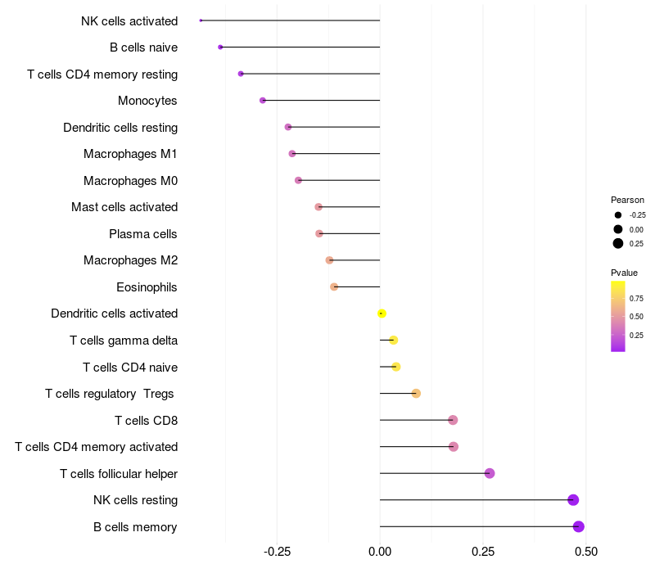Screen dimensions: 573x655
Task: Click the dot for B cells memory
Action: [579, 526]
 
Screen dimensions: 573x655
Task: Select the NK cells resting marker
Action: [573, 500]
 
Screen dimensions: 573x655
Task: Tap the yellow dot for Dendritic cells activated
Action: [382, 314]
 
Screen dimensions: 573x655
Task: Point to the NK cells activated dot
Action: [201, 20]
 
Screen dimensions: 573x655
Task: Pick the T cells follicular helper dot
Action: [490, 473]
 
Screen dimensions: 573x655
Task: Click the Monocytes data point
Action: [263, 101]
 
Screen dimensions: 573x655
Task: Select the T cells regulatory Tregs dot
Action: [416, 394]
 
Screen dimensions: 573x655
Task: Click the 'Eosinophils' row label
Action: [147, 287]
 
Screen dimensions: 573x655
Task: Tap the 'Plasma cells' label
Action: [143, 234]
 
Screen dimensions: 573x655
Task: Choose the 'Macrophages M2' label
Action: [131, 260]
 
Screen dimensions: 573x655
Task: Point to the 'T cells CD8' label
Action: [147, 421]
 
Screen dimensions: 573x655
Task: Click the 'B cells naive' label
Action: [144, 47]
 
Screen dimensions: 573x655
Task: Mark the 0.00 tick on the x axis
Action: [380, 553]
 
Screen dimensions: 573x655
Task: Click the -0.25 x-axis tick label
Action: [276, 553]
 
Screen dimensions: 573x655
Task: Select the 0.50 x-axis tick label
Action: [586, 553]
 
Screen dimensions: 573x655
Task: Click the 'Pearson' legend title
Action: [627, 200]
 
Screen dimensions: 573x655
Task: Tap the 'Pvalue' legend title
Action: [624, 273]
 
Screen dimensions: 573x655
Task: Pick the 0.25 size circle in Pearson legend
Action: [618, 243]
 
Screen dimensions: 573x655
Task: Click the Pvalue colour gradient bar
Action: [618, 316]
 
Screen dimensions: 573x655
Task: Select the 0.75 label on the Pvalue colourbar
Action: [636, 298]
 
